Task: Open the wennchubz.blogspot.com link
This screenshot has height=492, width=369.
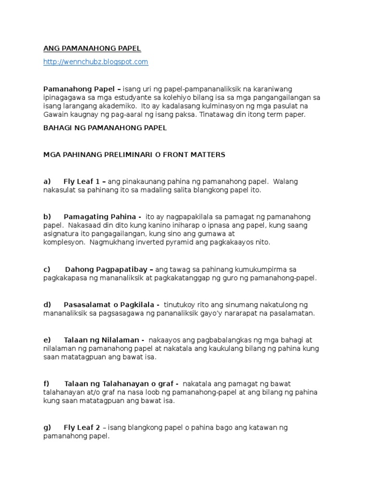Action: [96, 62]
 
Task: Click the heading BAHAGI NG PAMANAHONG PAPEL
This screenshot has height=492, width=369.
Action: [105, 128]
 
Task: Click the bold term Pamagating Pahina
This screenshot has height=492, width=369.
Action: [99, 217]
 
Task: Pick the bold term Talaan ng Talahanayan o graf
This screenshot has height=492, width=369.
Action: [118, 383]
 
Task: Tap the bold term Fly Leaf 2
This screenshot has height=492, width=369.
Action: [81, 428]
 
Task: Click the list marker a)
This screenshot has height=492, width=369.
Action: [47, 182]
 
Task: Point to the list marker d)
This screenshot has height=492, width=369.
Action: [47, 305]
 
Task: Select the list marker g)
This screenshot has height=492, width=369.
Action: [47, 428]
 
